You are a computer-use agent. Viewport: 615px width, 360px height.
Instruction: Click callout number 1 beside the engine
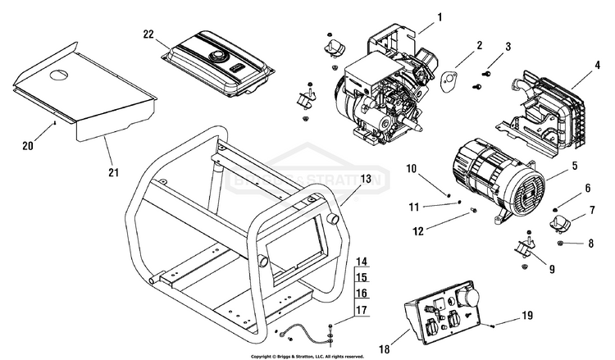439,16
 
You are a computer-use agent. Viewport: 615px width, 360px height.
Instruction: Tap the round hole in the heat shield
60,76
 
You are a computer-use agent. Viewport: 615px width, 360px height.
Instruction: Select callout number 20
28,146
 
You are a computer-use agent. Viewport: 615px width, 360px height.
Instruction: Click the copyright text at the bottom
307,357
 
